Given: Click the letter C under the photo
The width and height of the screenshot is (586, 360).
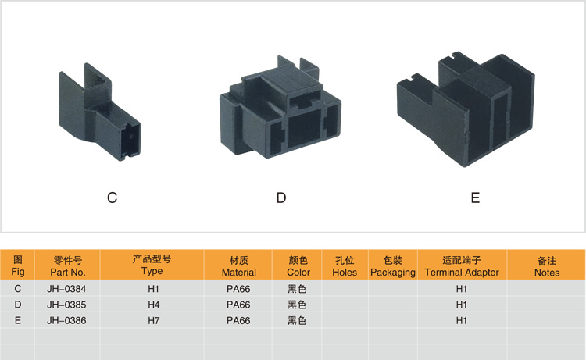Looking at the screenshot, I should [113, 198].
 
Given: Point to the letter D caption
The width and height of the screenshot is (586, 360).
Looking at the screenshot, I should [281, 198].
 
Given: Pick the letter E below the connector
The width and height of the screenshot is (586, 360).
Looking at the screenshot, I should [475, 198].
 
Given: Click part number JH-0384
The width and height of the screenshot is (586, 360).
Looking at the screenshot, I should [67, 288].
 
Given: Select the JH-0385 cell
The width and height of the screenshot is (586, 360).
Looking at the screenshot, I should [67, 304].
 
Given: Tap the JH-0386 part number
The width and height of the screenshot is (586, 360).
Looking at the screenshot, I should [67, 320].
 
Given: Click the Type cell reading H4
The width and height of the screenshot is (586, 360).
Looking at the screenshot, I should [154, 304].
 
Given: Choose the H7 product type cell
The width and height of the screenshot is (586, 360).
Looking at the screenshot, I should [154, 320].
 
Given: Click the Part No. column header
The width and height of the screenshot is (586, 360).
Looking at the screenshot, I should [67, 266].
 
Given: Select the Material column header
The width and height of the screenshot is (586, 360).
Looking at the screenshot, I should [239, 266].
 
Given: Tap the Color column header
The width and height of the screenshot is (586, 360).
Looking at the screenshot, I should [298, 266].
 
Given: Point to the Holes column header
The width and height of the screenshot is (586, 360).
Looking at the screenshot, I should [345, 266].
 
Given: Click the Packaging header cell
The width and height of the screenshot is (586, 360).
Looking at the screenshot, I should [393, 266].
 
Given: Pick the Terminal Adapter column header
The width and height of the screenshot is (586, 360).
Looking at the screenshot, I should [462, 266].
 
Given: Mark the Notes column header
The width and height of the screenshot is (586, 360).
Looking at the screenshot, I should [547, 266].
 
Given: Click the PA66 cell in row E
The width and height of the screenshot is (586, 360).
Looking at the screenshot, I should [238, 320].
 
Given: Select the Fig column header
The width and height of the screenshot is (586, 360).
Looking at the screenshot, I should [19, 266].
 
